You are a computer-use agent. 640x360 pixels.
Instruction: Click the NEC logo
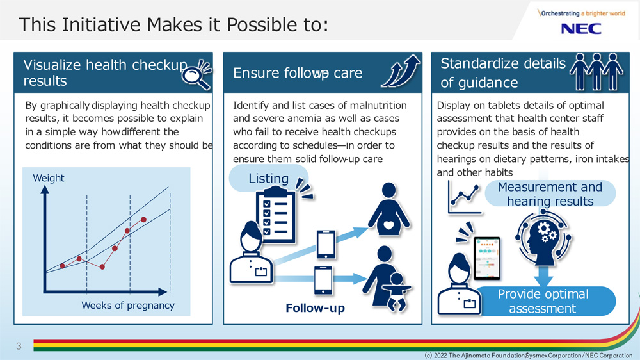click(581, 29)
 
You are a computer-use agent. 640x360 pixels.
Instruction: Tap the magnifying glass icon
click(196, 74)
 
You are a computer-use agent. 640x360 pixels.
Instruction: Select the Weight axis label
click(49, 178)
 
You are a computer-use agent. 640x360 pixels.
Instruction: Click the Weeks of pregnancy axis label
click(128, 306)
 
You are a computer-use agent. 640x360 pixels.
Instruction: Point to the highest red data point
click(143, 220)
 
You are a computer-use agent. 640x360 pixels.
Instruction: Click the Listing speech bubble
click(269, 179)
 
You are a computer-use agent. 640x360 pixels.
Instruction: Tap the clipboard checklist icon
click(275, 214)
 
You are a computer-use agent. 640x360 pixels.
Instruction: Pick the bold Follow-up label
click(315, 307)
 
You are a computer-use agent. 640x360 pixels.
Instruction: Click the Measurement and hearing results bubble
click(550, 193)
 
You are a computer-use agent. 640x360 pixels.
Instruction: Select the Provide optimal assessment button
click(543, 301)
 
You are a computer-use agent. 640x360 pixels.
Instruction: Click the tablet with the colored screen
click(486, 258)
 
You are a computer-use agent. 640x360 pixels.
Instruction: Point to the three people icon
click(596, 72)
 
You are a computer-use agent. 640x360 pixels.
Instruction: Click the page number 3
click(19, 346)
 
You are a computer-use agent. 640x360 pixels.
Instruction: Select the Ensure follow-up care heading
click(298, 73)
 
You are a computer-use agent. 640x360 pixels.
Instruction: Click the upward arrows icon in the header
click(401, 71)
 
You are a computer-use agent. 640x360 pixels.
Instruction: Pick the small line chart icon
click(465, 198)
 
